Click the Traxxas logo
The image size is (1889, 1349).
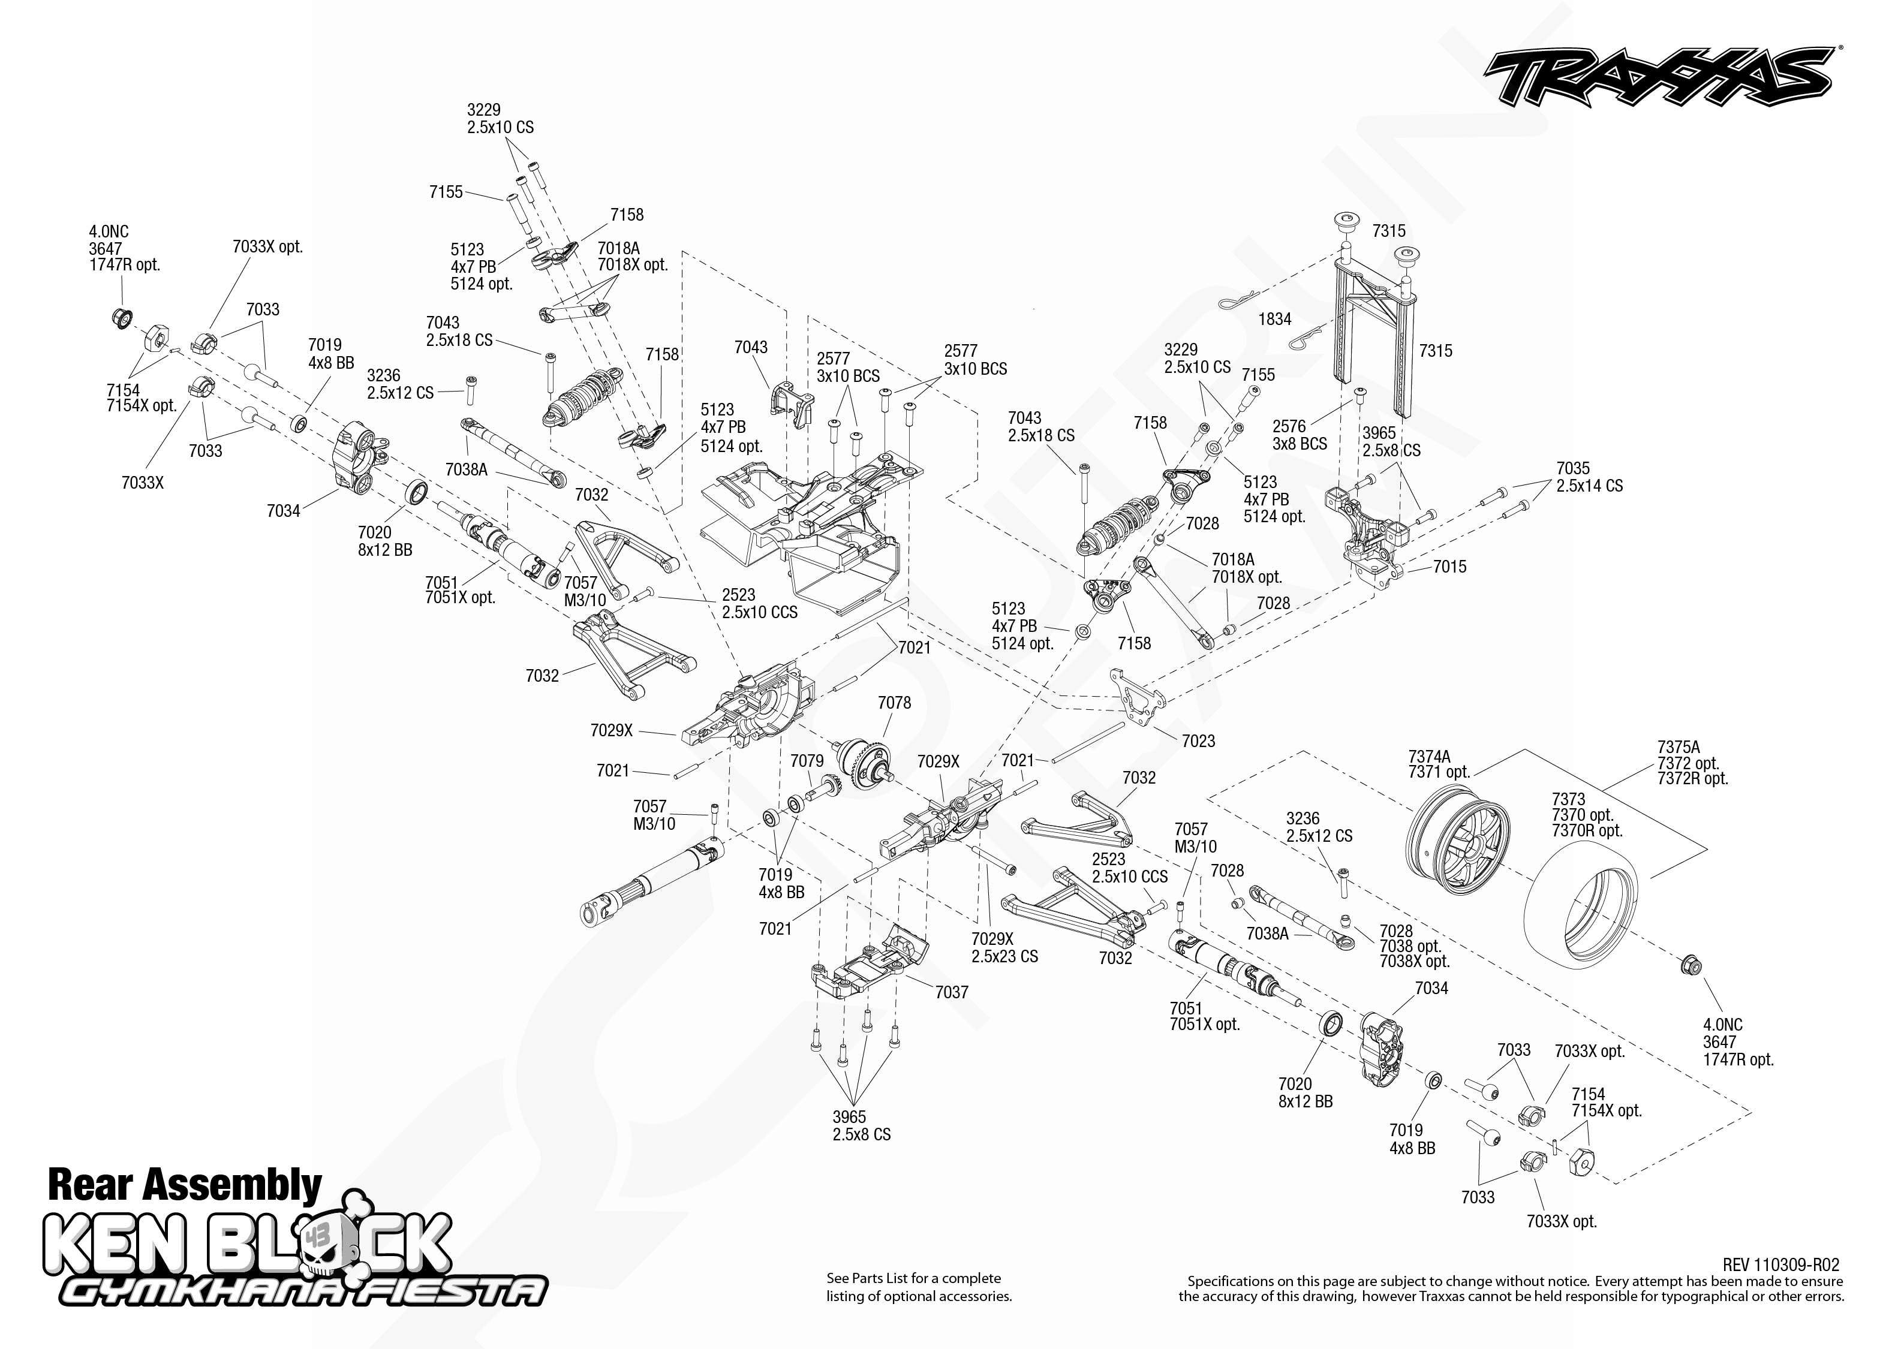click(1658, 76)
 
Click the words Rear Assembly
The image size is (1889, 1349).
click(185, 1185)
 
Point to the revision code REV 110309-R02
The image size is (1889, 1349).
click(1780, 1265)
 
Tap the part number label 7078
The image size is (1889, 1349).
click(894, 703)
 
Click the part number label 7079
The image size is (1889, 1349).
click(807, 761)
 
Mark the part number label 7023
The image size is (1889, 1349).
click(1198, 741)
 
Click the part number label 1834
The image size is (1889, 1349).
click(1274, 319)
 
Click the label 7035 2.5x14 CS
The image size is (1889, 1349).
click(1589, 477)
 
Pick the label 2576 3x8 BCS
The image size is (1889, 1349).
click(1299, 435)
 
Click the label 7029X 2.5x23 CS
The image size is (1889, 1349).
click(1004, 948)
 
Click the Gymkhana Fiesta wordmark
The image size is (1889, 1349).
click(302, 1291)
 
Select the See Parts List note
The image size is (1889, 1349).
click(919, 1287)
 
